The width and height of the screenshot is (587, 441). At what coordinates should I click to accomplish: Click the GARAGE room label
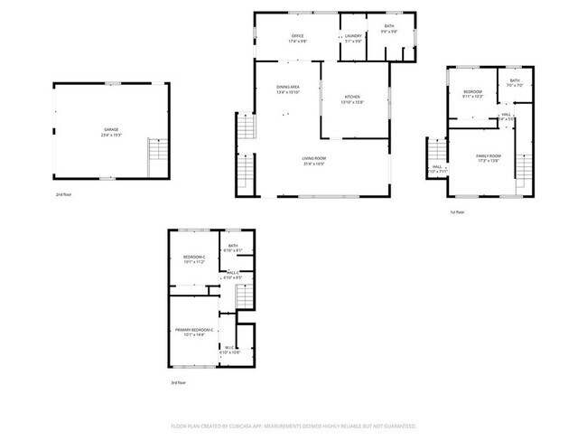[x=111, y=130]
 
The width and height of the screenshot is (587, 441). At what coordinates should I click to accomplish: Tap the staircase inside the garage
[x=157, y=156]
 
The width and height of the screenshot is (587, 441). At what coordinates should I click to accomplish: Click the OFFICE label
[x=297, y=36]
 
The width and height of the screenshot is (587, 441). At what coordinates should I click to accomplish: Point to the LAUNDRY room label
[x=352, y=36]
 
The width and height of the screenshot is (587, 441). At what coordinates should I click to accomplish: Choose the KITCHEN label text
[x=352, y=97]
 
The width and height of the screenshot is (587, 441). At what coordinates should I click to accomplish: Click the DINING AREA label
[x=288, y=87]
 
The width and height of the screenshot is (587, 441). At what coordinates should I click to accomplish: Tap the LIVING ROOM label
[x=313, y=158]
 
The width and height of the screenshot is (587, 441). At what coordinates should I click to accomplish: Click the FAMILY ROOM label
[x=488, y=156]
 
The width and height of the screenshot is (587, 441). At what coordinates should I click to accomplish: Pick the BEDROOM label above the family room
[x=473, y=91]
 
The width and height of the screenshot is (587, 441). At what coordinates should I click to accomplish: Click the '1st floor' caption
[x=457, y=212]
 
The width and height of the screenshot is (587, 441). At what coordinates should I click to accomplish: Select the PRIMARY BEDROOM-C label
[x=194, y=330]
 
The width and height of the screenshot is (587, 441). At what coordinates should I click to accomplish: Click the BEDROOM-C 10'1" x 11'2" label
[x=193, y=258]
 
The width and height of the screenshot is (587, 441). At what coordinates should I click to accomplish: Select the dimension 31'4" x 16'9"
[x=313, y=164]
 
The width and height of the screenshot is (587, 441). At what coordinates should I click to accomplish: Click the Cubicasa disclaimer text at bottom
[x=293, y=425]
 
